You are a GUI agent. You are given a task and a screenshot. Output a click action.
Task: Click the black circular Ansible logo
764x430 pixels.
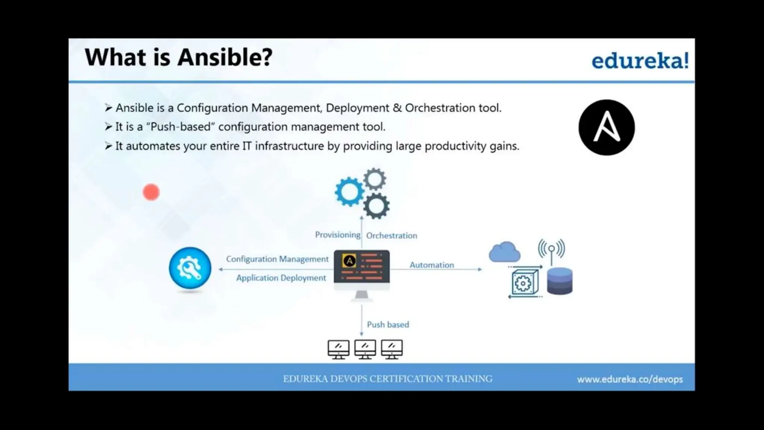pos(607,127)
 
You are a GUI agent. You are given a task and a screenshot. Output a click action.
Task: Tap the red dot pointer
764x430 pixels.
pos(151,192)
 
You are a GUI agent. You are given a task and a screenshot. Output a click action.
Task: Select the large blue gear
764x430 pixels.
pos(350,192)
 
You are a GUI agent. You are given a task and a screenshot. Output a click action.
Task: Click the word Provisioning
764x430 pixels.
pos(338,235)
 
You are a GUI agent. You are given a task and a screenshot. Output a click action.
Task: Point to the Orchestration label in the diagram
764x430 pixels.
pos(392,236)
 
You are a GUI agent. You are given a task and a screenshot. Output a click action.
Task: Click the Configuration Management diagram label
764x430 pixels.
pos(277,259)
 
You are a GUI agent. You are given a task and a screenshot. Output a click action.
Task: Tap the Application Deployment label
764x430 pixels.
pos(281,278)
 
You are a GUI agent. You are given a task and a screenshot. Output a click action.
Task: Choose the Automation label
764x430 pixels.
pos(432,265)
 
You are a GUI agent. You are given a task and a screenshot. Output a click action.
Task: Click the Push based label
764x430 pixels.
pos(388,325)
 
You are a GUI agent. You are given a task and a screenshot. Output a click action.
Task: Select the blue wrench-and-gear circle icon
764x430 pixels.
pos(190,268)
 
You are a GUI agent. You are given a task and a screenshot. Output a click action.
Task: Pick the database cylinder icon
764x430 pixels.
pos(560,281)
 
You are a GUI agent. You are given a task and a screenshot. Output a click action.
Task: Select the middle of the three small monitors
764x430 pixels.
pos(365,349)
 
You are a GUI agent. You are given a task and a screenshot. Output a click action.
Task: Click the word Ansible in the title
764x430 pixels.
pos(225,57)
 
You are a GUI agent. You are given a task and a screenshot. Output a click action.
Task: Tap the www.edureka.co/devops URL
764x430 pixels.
pos(630,379)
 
